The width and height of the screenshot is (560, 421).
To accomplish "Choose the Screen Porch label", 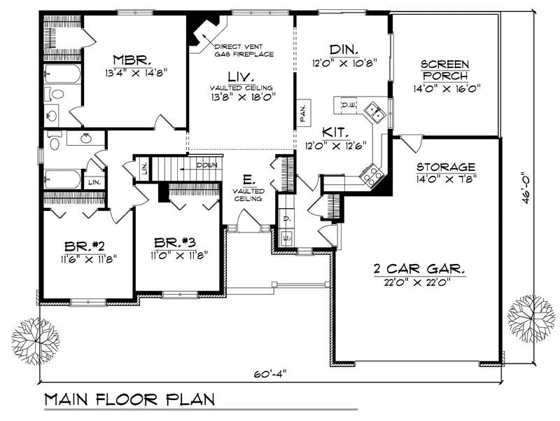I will pyautogui.click(x=444, y=70).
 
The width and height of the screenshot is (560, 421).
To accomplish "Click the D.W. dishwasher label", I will pyautogui.click(x=348, y=105).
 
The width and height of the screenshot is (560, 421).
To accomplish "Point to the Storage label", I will pyautogui.click(x=446, y=167).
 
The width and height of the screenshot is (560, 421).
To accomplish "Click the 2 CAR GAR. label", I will pyautogui.click(x=416, y=268).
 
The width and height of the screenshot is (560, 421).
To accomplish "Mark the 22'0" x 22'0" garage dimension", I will pyautogui.click(x=416, y=282).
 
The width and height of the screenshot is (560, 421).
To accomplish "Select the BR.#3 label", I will pyautogui.click(x=174, y=242).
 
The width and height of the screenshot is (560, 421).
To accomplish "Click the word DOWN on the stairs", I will pyautogui.click(x=206, y=166).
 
